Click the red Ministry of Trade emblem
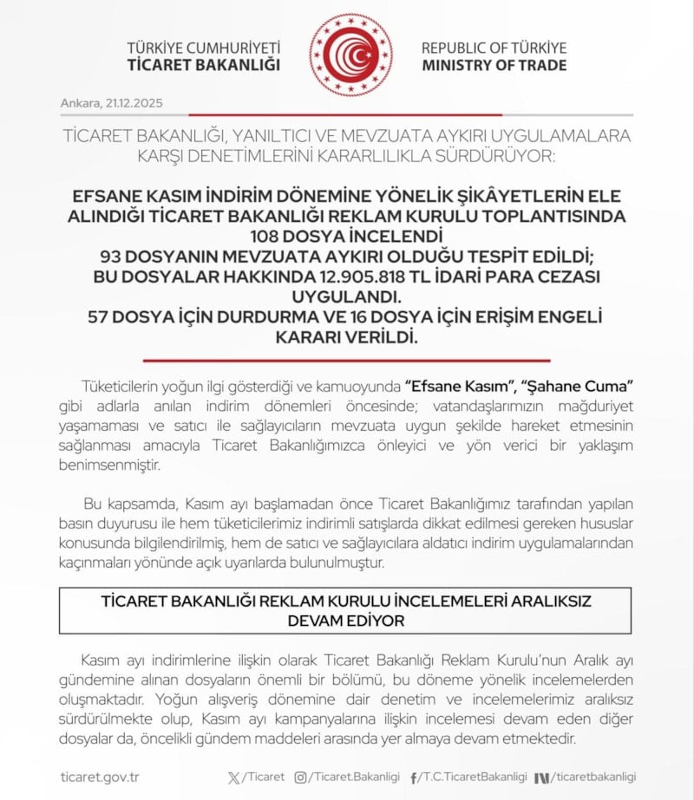point(350,55)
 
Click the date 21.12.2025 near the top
point(134,103)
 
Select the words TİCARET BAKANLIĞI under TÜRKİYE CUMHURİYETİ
point(204,65)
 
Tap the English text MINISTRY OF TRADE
point(494,65)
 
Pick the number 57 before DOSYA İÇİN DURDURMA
point(105,316)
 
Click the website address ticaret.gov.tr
point(100,777)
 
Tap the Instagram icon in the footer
point(300,777)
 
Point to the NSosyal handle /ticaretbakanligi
point(593,777)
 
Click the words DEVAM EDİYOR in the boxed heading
point(345,621)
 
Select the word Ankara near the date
point(80,103)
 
